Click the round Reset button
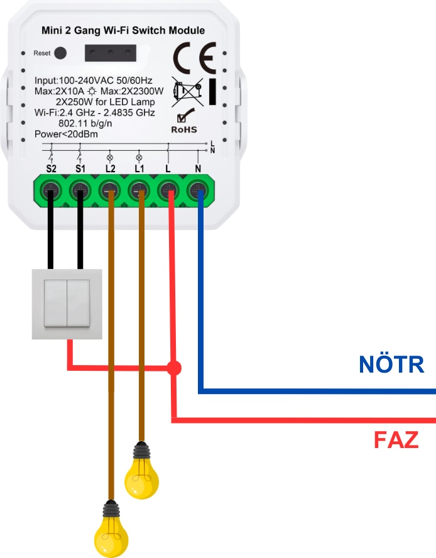pyautogui.click(x=60, y=53)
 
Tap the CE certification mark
pyautogui.click(x=194, y=58)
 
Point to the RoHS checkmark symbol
pyautogui.click(x=185, y=116)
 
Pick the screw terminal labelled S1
pyautogui.click(x=80, y=189)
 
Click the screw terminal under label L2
pyautogui.click(x=110, y=189)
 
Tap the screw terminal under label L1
pyautogui.click(x=139, y=189)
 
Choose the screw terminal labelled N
pyautogui.click(x=199, y=189)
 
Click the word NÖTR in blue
pyautogui.click(x=391, y=364)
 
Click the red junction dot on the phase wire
pyautogui.click(x=174, y=368)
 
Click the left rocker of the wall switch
pyautogui.click(x=55, y=302)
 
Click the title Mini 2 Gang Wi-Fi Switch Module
pyautogui.click(x=123, y=30)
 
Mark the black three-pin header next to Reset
pyautogui.click(x=111, y=53)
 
